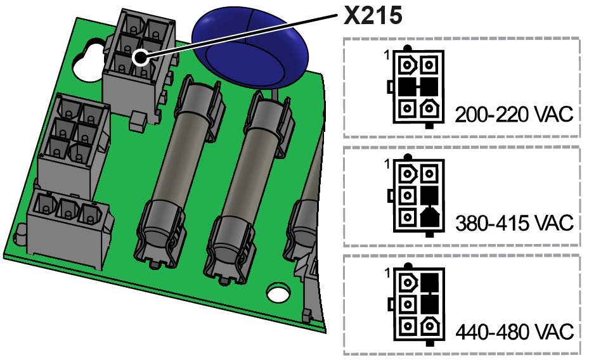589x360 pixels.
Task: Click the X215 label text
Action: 373,15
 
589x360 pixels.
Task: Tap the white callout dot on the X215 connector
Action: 139,60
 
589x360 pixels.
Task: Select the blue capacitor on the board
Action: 250,48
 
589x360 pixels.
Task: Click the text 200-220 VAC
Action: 514,115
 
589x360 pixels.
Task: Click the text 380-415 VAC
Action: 514,223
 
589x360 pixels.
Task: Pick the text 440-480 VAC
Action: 514,331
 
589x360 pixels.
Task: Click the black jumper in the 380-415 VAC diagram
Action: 430,205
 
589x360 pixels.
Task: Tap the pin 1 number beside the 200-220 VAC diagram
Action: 386,56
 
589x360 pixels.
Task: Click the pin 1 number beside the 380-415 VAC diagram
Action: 386,164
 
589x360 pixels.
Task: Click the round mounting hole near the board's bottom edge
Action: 276,293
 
